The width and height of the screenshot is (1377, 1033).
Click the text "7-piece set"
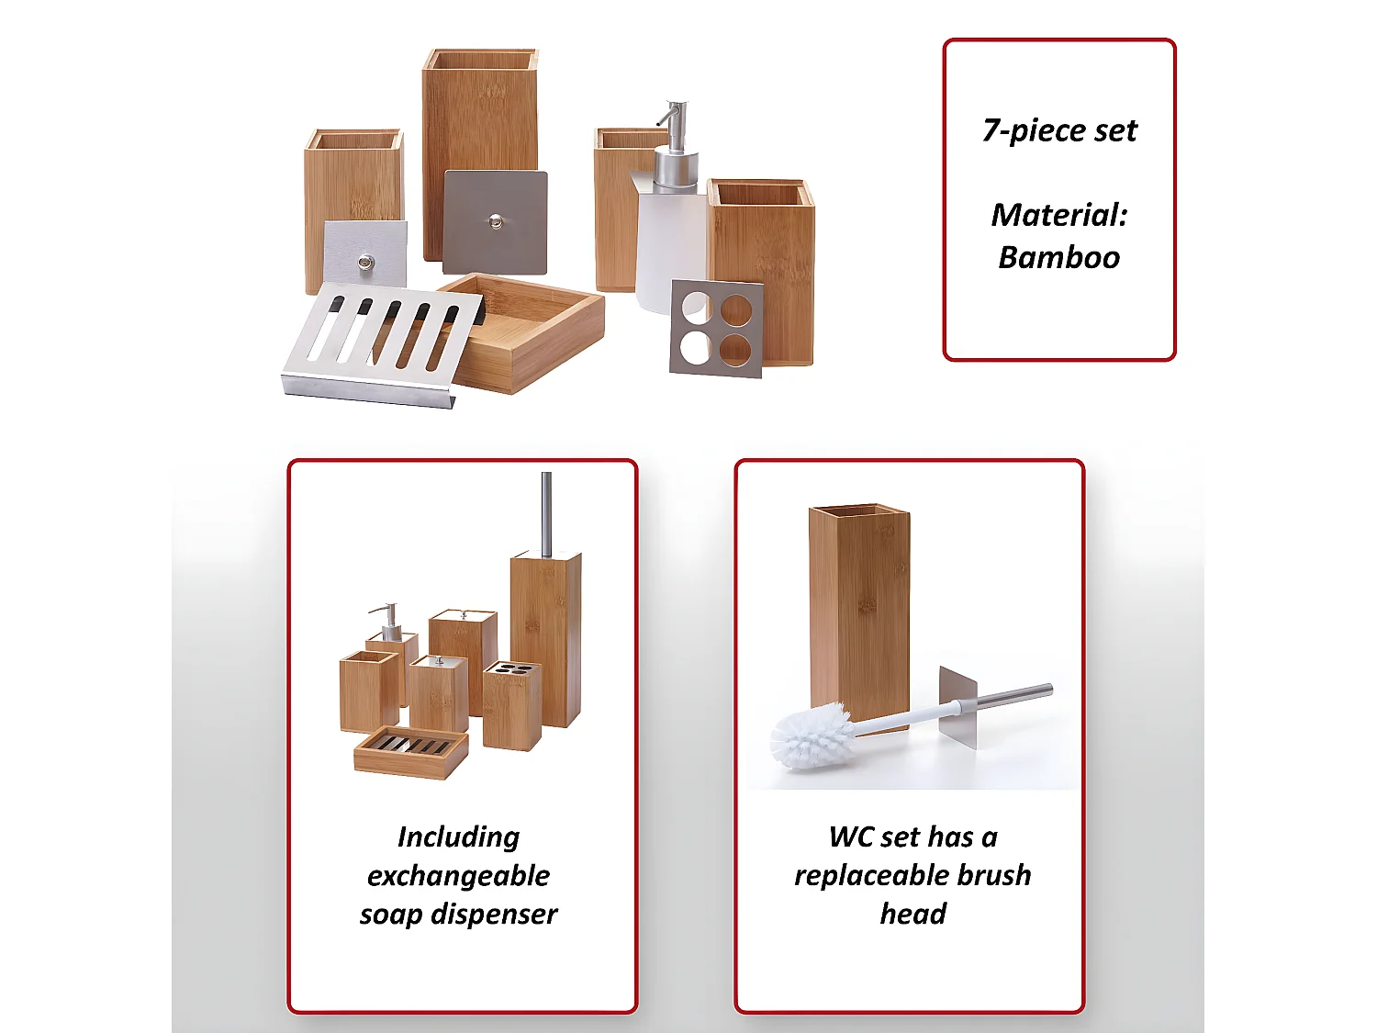1058,130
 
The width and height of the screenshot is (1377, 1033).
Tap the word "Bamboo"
1058,257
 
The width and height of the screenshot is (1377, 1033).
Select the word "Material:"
1058,215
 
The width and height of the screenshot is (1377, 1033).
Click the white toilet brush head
810,735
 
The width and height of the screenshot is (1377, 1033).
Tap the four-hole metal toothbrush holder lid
716,329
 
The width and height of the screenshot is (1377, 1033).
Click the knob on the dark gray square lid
496,220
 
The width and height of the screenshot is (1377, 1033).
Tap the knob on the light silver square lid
365,263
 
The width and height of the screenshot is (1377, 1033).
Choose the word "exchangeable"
458,876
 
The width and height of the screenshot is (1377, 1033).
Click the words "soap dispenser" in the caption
458,915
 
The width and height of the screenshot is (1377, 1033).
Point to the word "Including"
458,837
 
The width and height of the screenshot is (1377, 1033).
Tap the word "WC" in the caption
849,837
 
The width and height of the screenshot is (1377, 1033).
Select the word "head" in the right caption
912,915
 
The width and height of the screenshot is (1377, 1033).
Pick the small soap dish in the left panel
411,752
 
